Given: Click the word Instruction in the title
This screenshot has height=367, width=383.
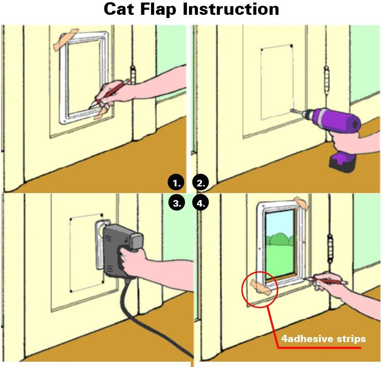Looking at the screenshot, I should coord(231,9).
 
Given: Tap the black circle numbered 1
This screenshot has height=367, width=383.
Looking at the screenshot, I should coord(176,183).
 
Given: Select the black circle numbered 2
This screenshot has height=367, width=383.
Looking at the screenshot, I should coord(201,183).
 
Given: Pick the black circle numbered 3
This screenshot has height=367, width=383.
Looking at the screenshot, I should coord(176,203).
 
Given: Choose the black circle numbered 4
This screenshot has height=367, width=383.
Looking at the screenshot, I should coord(201,203).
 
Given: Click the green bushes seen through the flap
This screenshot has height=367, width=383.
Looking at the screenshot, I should coord(280,240).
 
